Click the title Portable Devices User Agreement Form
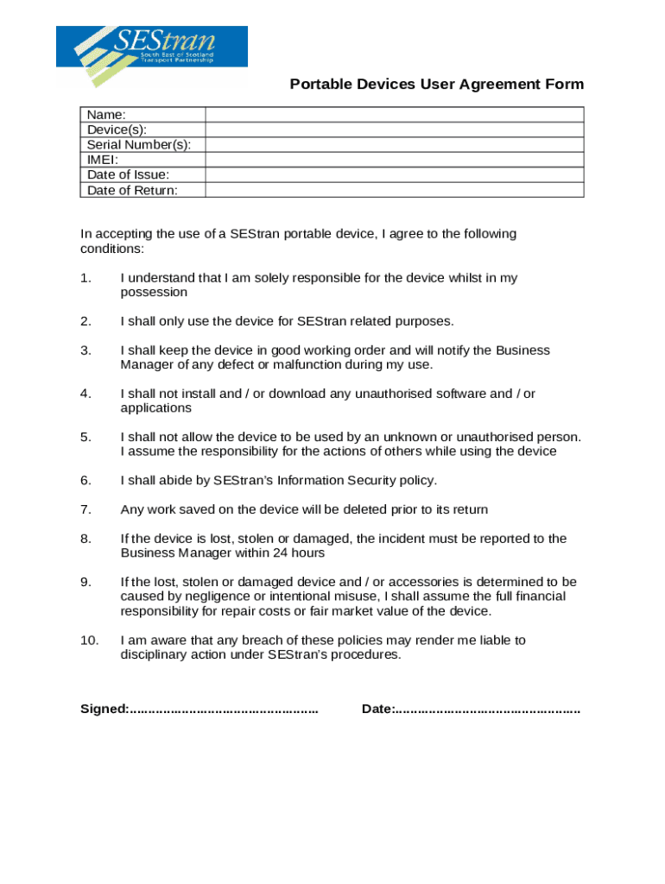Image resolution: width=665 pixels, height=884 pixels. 436,85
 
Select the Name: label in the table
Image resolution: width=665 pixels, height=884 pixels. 106,115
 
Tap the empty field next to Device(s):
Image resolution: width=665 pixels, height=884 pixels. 394,129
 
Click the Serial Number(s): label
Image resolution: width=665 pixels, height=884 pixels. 139,145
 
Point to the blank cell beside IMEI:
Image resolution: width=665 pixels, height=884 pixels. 394,160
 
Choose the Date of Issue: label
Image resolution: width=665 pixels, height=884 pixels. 128,175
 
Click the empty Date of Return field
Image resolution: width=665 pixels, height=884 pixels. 394,190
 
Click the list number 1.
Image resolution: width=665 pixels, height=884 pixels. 85,278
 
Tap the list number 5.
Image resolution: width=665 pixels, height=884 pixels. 85,437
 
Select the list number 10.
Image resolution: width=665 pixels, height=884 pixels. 90,640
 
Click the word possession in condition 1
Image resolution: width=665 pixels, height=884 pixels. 154,293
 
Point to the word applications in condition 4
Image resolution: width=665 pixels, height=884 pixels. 155,407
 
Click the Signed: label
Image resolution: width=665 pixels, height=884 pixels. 104,709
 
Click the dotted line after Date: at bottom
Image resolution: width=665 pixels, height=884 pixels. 488,710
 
